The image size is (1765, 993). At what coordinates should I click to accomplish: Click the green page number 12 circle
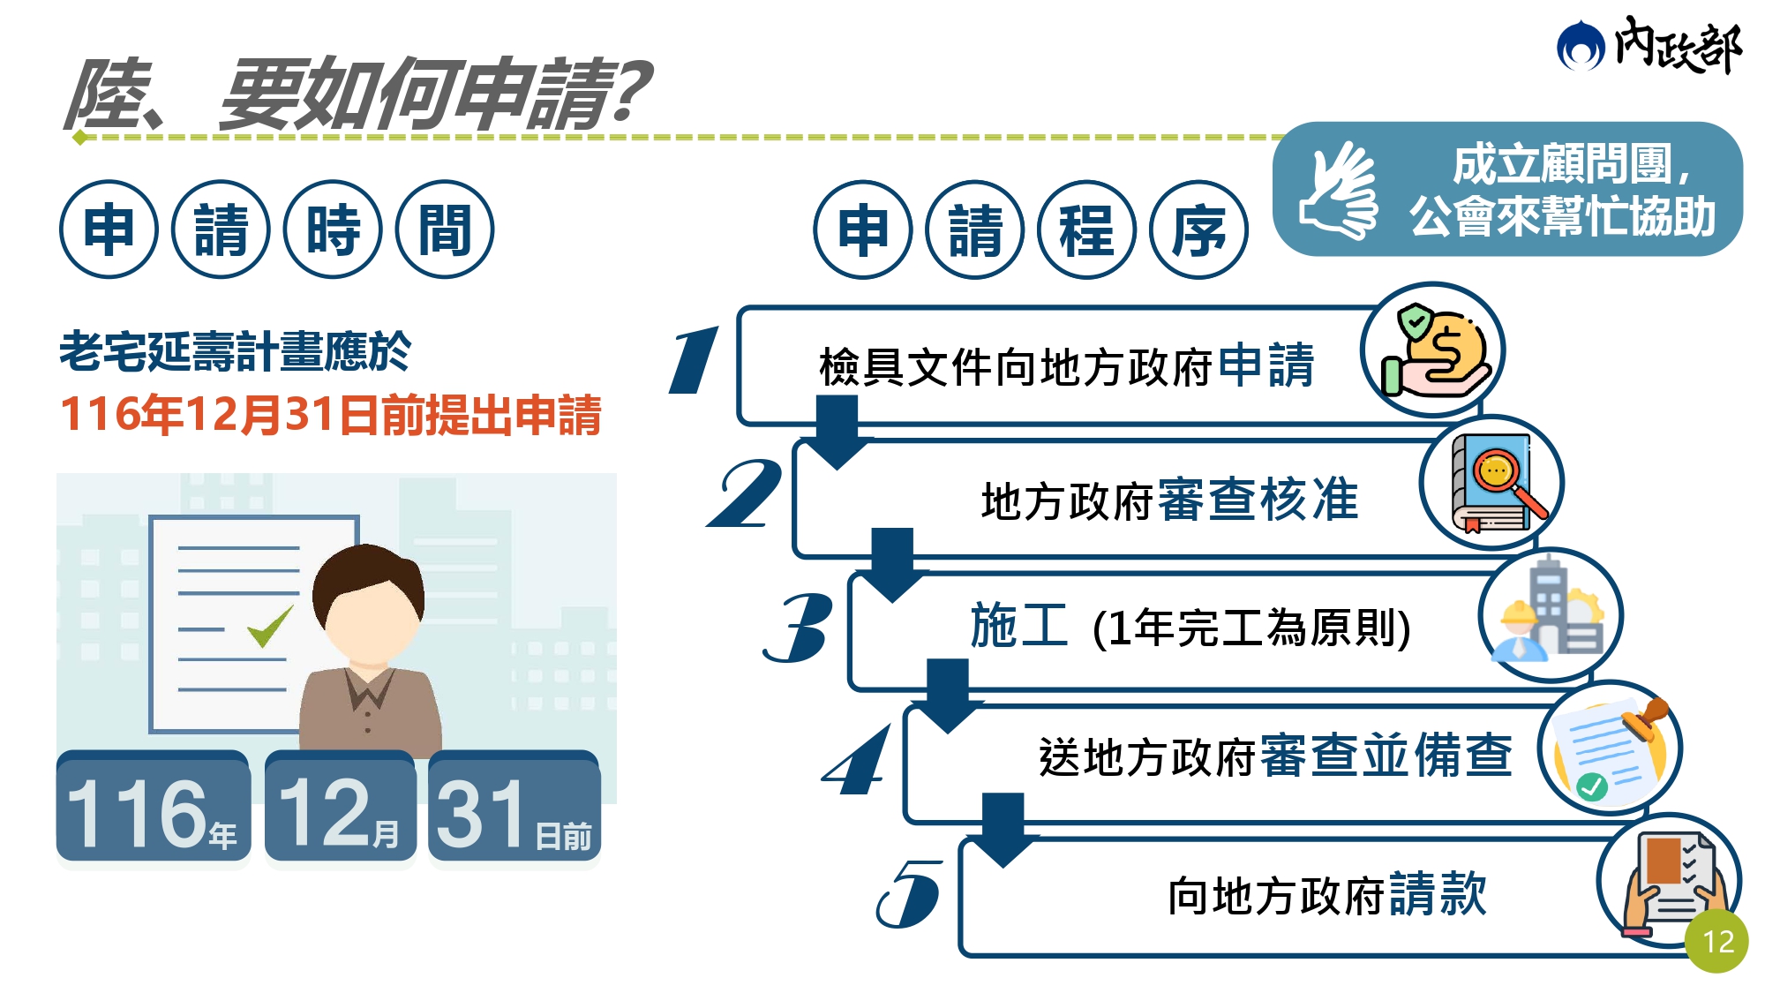click(x=1716, y=941)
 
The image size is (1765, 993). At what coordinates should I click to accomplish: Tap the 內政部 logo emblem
click(x=1581, y=46)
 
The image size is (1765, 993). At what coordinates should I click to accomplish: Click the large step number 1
click(x=695, y=359)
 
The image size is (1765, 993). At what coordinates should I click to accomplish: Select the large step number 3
click(x=799, y=627)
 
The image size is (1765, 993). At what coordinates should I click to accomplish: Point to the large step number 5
click(x=910, y=893)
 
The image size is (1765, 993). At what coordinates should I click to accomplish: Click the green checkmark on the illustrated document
click(x=270, y=626)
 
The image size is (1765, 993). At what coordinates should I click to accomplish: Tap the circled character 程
click(x=1086, y=229)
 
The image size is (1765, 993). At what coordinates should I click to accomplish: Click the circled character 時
click(x=333, y=229)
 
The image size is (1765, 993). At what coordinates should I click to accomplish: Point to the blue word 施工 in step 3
click(x=1019, y=626)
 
